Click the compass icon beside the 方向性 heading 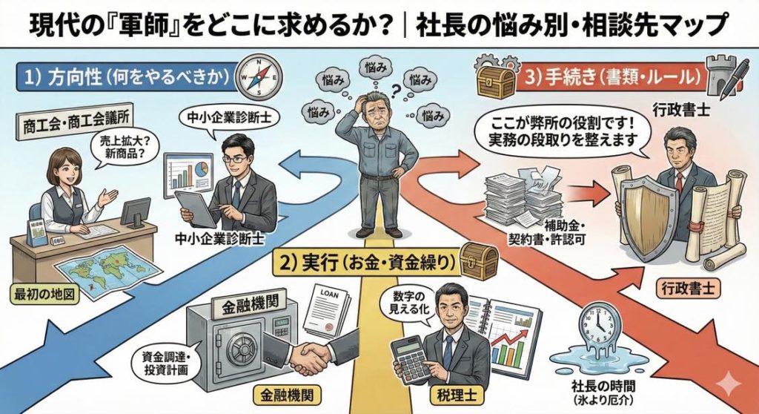tap(259, 75)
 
